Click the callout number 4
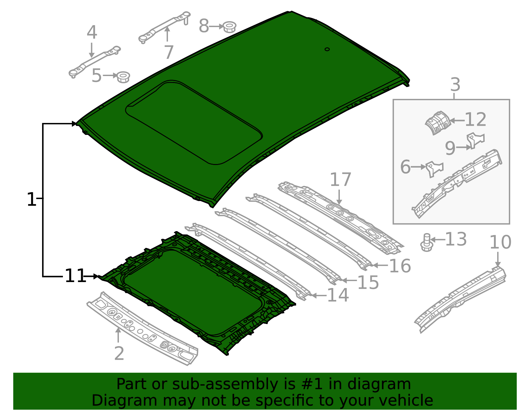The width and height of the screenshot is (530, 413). pyautogui.click(x=92, y=32)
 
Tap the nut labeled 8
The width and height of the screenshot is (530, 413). pyautogui.click(x=229, y=27)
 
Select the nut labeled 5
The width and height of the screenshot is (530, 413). pyautogui.click(x=123, y=77)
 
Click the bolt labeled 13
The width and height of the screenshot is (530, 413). pyautogui.click(x=427, y=242)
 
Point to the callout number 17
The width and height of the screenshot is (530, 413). pyautogui.click(x=341, y=180)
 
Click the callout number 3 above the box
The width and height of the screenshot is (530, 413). pyautogui.click(x=455, y=85)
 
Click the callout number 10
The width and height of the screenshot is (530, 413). pyautogui.click(x=500, y=242)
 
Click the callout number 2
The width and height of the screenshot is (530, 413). pyautogui.click(x=119, y=353)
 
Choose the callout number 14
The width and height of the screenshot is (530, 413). pyautogui.click(x=338, y=295)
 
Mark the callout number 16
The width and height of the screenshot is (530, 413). pyautogui.click(x=400, y=266)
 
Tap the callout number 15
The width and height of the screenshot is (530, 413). pyautogui.click(x=368, y=282)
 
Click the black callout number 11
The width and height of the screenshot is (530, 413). pyautogui.click(x=75, y=276)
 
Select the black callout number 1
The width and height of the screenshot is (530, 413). pyautogui.click(x=31, y=200)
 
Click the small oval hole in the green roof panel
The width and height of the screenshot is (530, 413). pyautogui.click(x=327, y=49)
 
